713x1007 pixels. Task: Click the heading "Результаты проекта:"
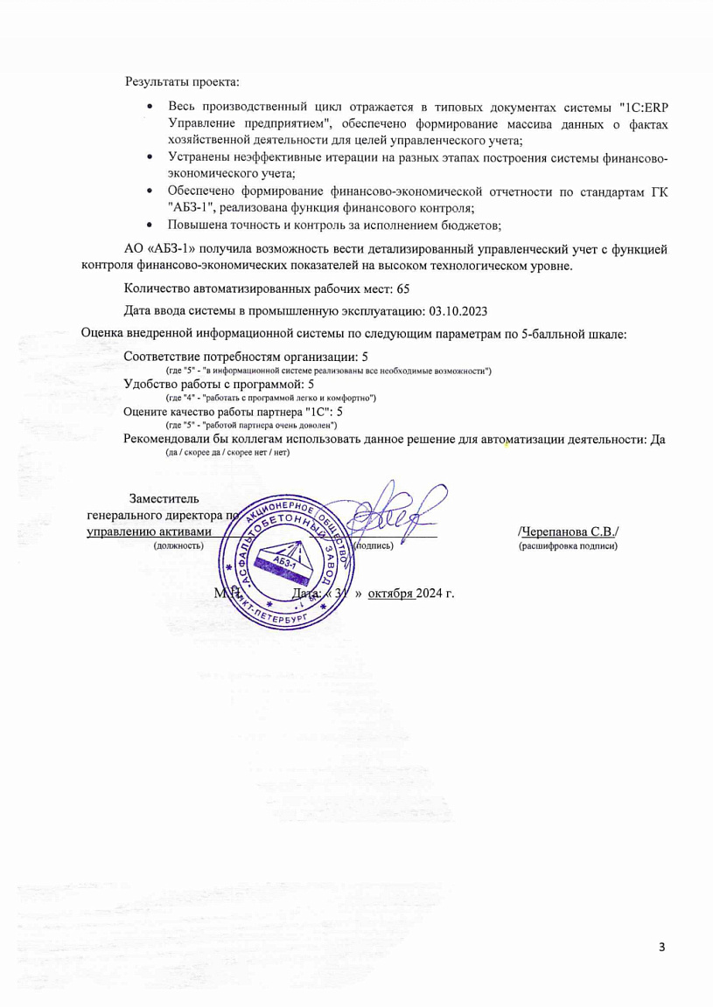182,82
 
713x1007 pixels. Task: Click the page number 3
662,947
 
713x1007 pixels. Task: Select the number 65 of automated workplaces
402,288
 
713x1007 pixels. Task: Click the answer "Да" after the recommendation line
656,440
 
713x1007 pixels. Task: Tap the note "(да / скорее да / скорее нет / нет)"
227,453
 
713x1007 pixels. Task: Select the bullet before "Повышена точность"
150,225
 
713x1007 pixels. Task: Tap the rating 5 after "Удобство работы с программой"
311,384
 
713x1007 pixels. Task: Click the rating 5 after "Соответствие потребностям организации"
365,357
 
